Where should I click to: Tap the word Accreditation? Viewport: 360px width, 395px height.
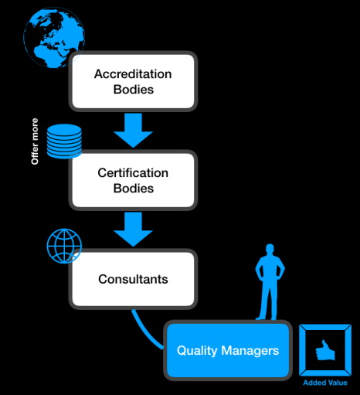(x=132, y=74)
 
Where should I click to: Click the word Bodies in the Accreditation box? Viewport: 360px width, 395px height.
(x=132, y=89)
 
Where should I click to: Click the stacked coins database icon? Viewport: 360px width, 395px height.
(x=63, y=140)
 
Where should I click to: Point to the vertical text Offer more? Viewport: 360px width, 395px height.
(x=35, y=141)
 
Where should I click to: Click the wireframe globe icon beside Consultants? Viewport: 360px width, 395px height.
(x=63, y=245)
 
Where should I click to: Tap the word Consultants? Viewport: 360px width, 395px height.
(x=133, y=278)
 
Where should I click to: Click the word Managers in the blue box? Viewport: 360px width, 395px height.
(x=248, y=350)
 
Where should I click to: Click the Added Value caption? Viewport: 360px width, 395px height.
(x=324, y=383)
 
